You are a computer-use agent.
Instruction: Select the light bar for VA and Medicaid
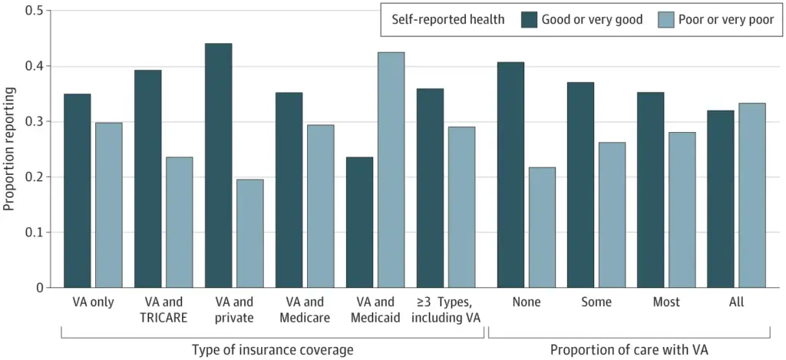pyautogui.click(x=391, y=170)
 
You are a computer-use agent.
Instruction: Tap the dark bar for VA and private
pyautogui.click(x=218, y=165)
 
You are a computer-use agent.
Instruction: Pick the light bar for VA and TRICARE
pyautogui.click(x=179, y=222)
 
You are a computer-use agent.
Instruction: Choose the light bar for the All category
pyautogui.click(x=751, y=195)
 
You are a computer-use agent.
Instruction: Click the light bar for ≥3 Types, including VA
pyautogui.click(x=461, y=207)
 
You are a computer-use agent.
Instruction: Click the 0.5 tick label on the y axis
pyautogui.click(x=35, y=12)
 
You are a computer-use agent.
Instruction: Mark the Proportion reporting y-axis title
pyautogui.click(x=10, y=150)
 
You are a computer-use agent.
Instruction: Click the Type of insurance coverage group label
pyautogui.click(x=272, y=350)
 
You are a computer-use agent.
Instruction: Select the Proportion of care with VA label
pyautogui.click(x=629, y=350)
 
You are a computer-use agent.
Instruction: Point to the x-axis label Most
pyautogui.click(x=665, y=302)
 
